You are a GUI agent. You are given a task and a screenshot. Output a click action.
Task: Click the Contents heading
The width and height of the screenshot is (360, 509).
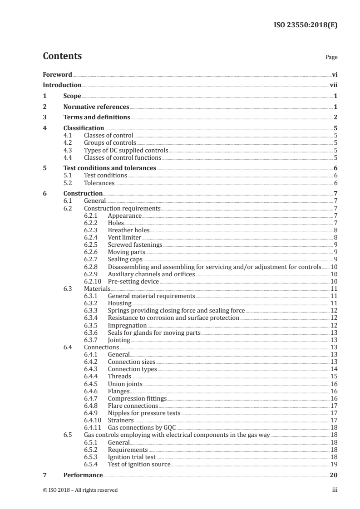tap(62, 56)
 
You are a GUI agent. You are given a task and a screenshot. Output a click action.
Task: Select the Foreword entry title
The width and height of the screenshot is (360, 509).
tap(57, 74)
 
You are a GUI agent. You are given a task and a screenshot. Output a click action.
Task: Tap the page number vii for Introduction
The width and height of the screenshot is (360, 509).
tap(333, 85)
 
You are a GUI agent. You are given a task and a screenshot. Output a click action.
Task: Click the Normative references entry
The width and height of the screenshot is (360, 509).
tap(96, 107)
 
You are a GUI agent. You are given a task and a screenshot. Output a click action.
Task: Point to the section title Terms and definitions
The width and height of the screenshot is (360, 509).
tap(97, 117)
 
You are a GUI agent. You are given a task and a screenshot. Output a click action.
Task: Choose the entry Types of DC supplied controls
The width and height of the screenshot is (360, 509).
tap(126, 151)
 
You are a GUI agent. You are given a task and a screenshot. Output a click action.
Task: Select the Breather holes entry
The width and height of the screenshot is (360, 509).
tap(128, 230)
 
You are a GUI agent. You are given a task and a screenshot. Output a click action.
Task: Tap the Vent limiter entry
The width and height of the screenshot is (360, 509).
tap(124, 237)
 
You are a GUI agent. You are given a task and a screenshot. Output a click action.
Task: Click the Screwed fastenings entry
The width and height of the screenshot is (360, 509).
tap(135, 245)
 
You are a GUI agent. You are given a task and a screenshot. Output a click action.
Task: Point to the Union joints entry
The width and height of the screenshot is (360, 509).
tap(125, 383)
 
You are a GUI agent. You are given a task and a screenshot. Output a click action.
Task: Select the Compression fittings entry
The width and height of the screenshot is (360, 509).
tap(137, 398)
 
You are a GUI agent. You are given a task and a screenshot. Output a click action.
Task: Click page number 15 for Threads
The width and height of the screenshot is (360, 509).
tap(334, 376)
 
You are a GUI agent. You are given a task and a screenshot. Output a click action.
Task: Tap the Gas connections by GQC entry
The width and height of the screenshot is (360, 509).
tap(141, 427)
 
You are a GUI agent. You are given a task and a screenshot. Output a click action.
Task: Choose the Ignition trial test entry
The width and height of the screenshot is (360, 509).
tap(131, 457)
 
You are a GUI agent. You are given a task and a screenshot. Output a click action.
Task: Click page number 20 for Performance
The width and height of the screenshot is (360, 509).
tap(333, 475)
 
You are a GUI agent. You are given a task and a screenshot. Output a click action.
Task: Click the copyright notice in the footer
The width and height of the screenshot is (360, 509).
tap(80, 490)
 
